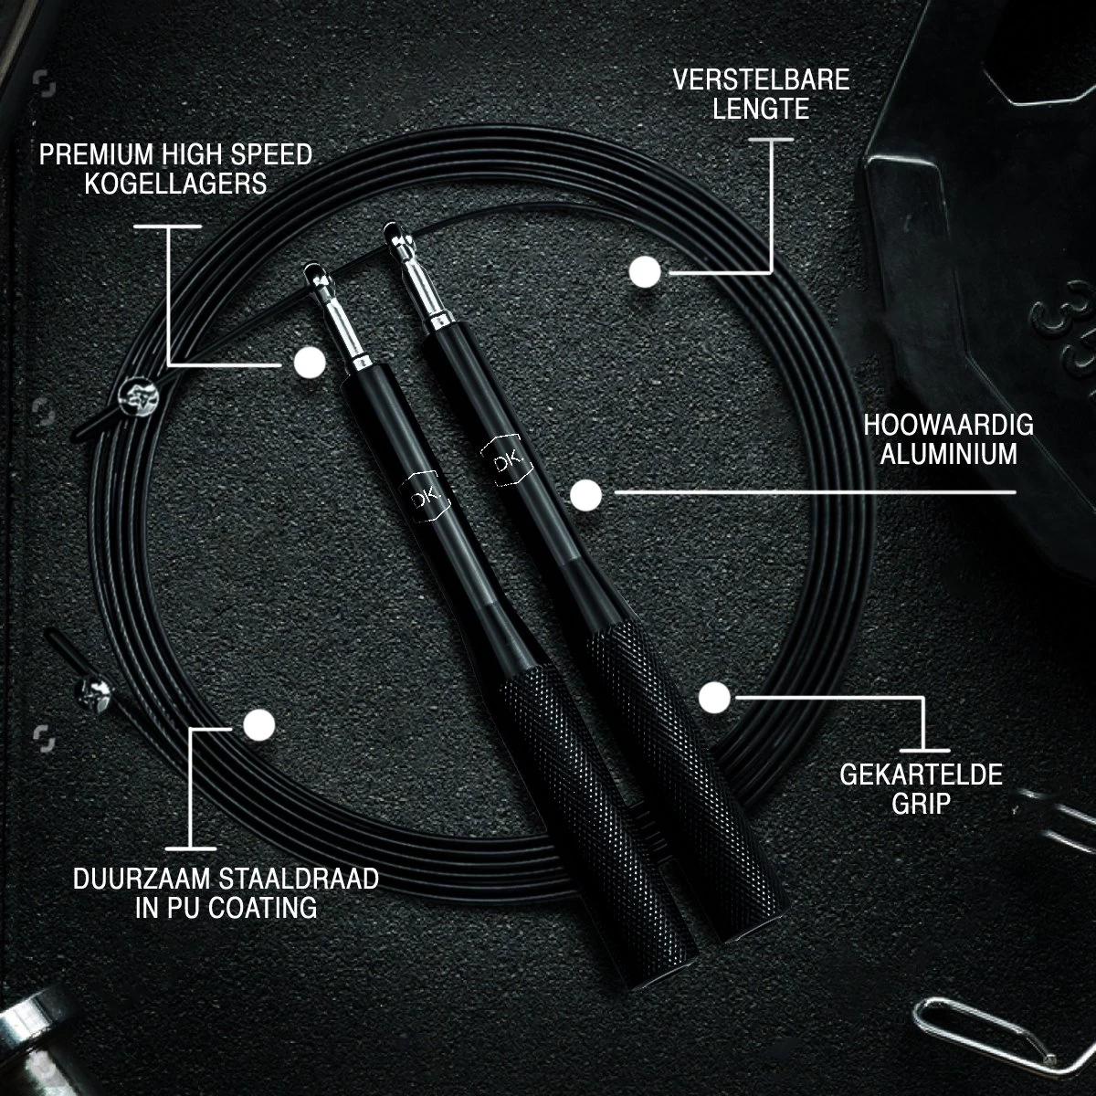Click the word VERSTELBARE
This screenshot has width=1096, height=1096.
761,79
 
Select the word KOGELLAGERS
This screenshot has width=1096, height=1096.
175,183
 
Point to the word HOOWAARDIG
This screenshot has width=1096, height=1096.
948,425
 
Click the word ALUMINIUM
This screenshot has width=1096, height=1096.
948,454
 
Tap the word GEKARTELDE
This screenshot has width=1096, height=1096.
921,775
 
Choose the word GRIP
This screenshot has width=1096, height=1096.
921,804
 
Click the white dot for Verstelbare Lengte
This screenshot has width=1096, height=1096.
645,272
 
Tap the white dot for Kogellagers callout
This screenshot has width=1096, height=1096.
310,363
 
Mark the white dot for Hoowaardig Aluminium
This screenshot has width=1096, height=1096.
585,495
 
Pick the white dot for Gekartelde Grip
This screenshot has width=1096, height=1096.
714,698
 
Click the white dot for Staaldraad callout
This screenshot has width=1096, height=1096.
259,725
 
